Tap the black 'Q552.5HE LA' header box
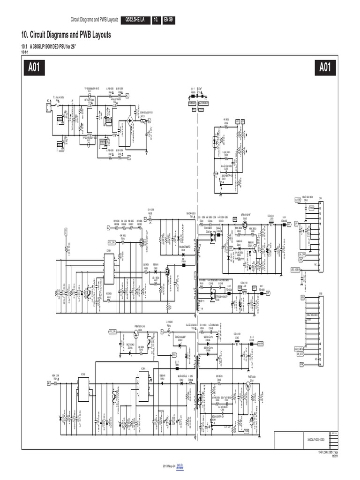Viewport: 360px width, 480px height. click(135, 20)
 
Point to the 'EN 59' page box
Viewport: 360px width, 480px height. click(168, 20)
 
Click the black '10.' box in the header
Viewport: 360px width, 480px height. click(156, 20)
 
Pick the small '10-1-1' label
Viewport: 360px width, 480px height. click(25, 52)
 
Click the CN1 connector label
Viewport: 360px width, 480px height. click(321, 198)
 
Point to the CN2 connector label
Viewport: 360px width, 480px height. click(321, 293)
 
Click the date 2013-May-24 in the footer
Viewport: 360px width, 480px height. click(168, 467)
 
